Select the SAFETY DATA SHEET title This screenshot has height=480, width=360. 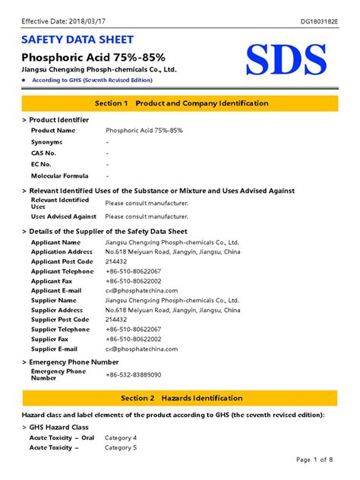[77, 39]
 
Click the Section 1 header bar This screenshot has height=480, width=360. [179, 103]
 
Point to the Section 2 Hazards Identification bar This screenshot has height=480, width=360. [179, 398]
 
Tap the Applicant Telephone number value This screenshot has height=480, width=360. [133, 271]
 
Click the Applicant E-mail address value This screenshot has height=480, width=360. [141, 290]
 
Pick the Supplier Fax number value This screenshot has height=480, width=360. [133, 339]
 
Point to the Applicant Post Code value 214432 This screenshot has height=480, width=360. [117, 261]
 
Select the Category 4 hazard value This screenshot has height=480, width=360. [120, 438]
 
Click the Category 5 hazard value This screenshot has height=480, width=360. [120, 448]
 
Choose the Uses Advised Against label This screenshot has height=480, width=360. [64, 216]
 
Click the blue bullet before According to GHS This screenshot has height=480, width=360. [25, 80]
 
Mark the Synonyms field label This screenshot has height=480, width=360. [46, 142]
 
